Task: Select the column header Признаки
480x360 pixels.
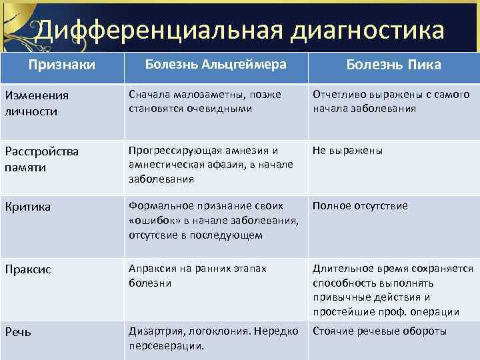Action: pos(61,65)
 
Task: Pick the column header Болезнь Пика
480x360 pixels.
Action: pos(393,65)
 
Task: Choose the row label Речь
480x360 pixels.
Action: pos(18,332)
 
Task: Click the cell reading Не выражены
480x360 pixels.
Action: pos(347,151)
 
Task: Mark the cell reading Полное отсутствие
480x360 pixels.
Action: pos(359,206)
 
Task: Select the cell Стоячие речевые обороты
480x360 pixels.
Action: pos(380,331)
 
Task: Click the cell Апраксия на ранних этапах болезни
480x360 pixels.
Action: pos(197,275)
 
